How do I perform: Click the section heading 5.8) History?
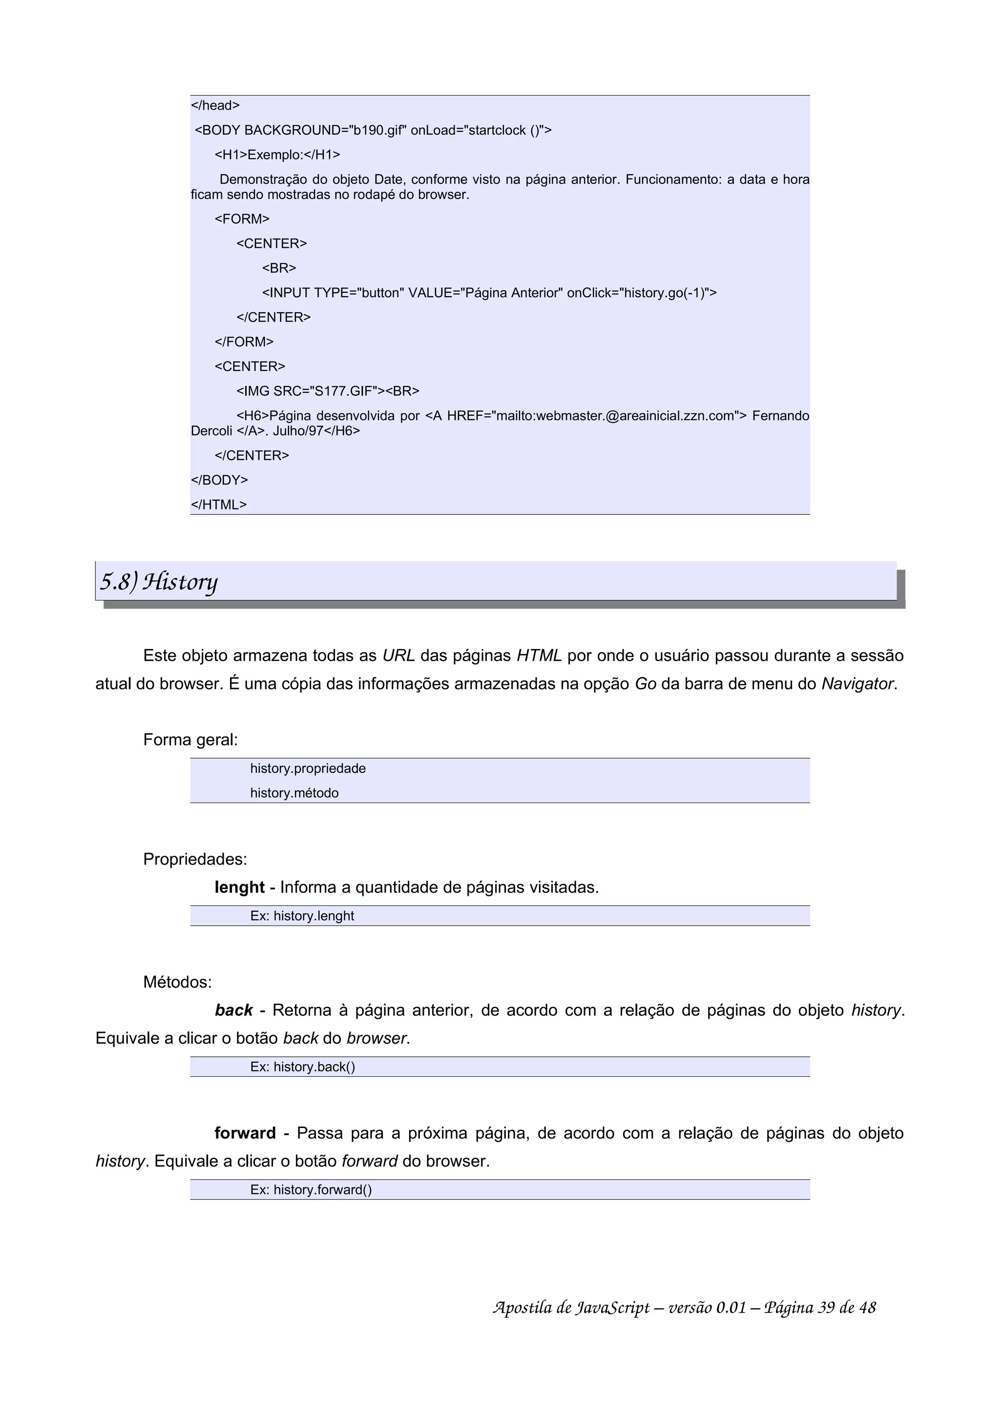[x=159, y=582]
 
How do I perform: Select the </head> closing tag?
[x=215, y=105]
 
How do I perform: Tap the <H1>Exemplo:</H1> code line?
[x=277, y=155]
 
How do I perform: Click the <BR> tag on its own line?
[x=279, y=268]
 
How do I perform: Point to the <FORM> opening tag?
[x=242, y=219]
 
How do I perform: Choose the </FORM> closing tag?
[x=244, y=342]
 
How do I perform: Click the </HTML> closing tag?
[x=219, y=505]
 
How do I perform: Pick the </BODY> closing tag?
[x=219, y=480]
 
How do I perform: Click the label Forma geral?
[x=190, y=740]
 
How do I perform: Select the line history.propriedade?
[x=308, y=768]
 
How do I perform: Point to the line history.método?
[x=294, y=793]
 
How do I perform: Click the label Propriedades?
[x=195, y=859]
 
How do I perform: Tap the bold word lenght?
[x=239, y=888]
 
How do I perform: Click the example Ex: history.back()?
[x=303, y=1067]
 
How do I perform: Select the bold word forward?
[x=245, y=1133]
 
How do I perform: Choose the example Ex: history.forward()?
[x=311, y=1190]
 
